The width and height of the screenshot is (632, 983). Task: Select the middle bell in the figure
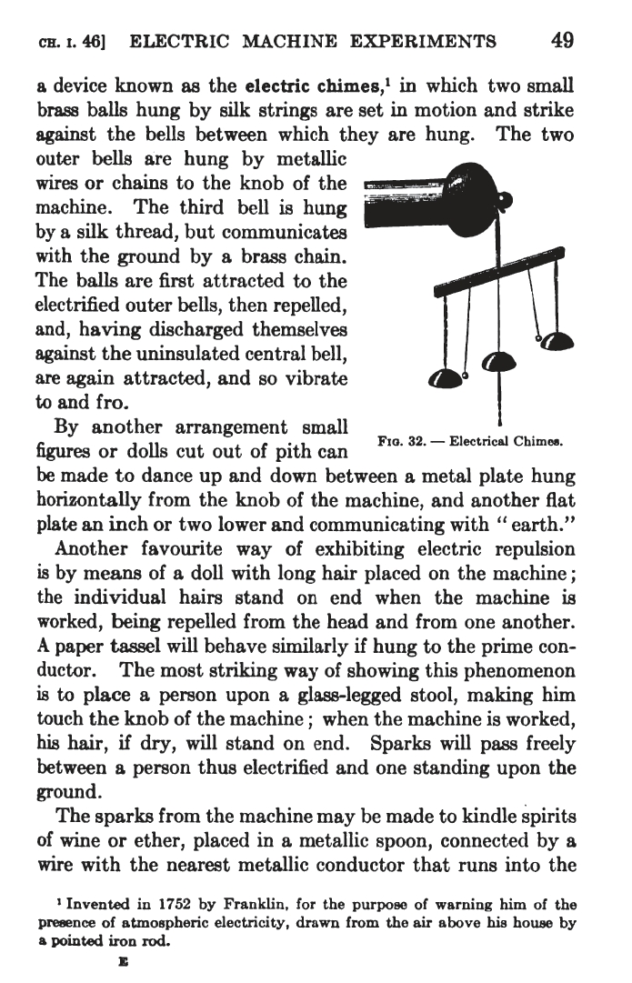tap(497, 362)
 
